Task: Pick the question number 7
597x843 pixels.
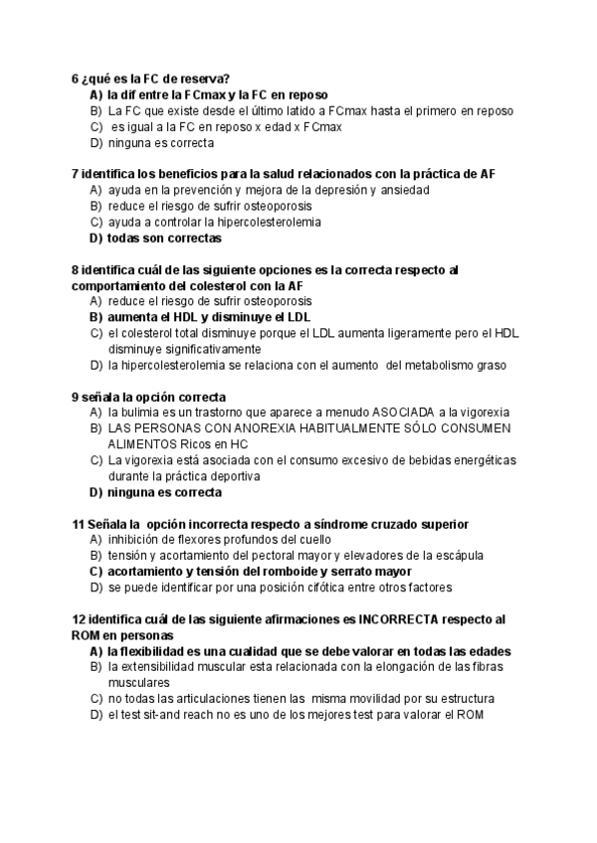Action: pyautogui.click(x=76, y=174)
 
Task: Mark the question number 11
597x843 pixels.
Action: pyautogui.click(x=79, y=524)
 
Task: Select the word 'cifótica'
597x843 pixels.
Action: pyautogui.click(x=312, y=588)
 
